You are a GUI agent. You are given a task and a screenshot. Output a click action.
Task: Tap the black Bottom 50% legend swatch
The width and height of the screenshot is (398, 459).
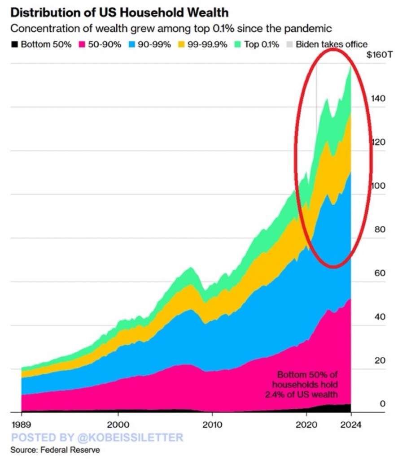point(14,44)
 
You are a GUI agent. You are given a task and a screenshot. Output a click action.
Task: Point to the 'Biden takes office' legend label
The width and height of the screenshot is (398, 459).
point(332,44)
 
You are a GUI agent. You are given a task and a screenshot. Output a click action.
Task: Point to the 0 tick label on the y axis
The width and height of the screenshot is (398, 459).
point(382,404)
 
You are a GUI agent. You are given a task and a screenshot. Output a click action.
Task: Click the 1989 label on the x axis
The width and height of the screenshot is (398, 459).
point(21,424)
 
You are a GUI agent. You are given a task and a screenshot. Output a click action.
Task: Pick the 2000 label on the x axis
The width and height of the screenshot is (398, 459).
point(118,424)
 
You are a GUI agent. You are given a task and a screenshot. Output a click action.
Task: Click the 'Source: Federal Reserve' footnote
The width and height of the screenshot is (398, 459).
point(55,449)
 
